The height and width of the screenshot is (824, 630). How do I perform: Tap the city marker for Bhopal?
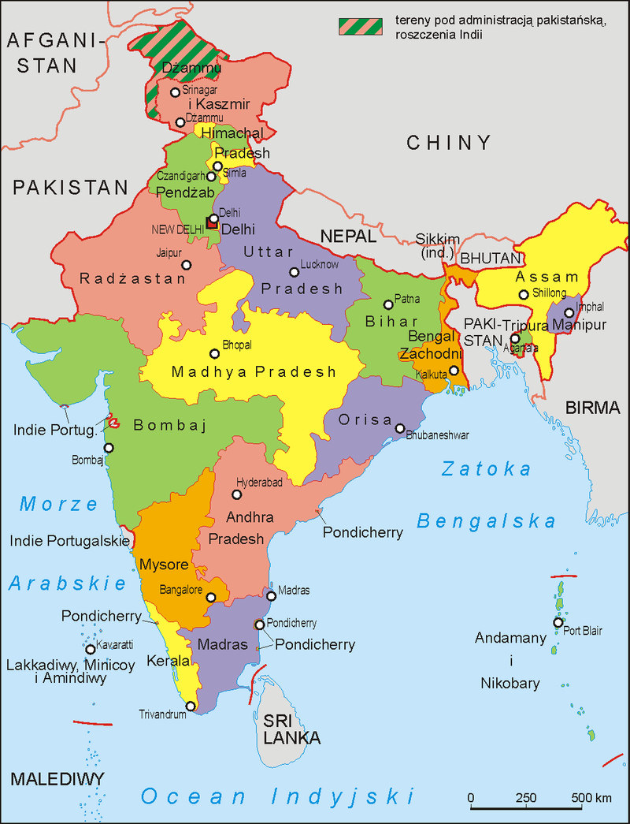(x=214, y=354)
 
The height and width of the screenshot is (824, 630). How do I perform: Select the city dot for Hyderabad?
(x=237, y=494)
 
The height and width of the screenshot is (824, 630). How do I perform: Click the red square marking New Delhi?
(x=211, y=222)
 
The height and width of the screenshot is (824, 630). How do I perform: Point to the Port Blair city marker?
(x=558, y=623)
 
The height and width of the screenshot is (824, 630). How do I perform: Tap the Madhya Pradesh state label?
(x=254, y=372)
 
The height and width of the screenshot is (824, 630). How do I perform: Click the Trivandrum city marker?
(x=191, y=706)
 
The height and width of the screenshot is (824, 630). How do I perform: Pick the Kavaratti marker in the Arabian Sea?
(x=91, y=650)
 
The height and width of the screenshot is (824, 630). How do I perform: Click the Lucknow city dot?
(x=294, y=272)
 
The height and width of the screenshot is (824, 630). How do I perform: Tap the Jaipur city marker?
(x=186, y=264)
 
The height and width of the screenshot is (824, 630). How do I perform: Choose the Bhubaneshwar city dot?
(x=400, y=429)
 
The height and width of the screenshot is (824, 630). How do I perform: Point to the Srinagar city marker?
(x=176, y=92)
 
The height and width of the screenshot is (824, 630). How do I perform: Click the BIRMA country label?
(x=592, y=408)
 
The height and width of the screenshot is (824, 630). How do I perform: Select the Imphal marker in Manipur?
(x=569, y=313)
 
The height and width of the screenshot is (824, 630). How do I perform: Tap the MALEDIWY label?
(x=57, y=780)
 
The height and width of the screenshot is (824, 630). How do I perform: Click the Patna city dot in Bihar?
(x=387, y=304)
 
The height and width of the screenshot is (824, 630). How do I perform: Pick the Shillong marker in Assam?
(x=523, y=295)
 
